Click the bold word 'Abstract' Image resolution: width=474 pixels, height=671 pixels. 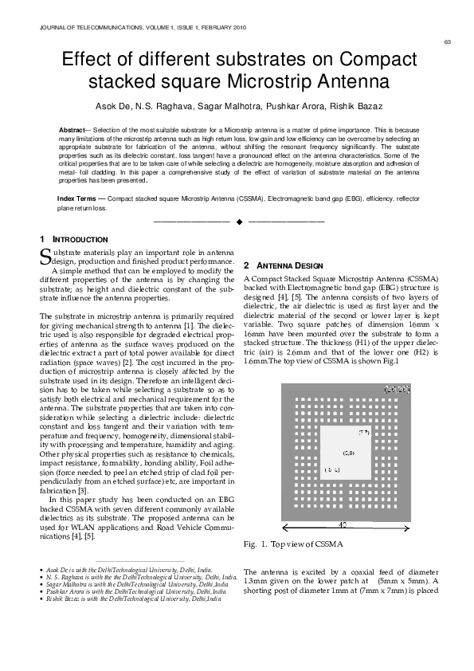tap(76, 129)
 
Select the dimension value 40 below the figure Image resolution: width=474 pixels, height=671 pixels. tap(342, 526)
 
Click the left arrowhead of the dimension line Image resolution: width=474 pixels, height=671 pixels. tap(284, 527)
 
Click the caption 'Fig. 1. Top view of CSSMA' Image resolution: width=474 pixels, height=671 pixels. tap(292, 544)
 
